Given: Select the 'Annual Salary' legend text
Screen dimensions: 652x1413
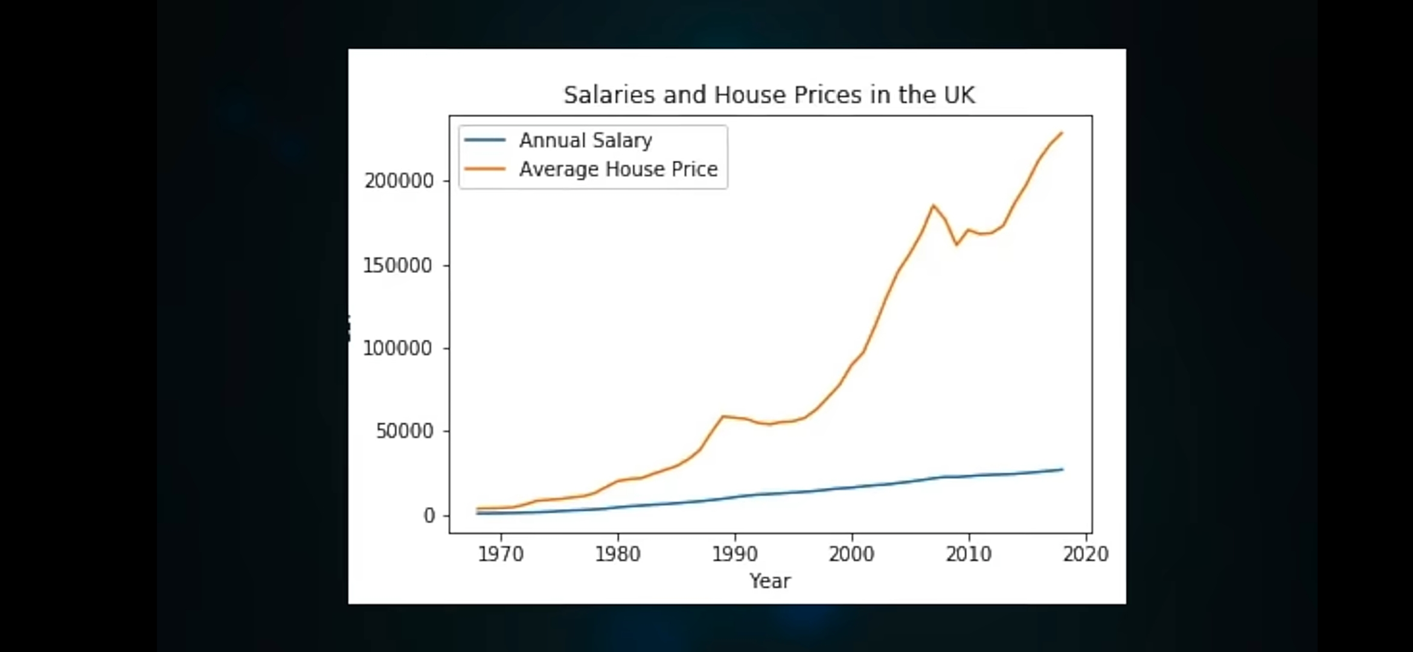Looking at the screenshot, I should coord(585,140).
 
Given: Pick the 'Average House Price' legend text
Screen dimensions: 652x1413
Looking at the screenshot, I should coord(618,169).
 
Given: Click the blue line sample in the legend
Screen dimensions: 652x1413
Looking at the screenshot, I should coord(485,140).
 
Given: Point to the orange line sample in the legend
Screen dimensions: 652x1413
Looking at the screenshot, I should coord(485,169).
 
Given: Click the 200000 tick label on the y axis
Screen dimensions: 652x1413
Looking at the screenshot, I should coord(399,181).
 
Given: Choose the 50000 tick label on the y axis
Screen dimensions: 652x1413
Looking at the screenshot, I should coord(405,432).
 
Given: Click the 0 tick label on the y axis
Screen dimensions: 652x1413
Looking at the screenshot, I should coord(429,516).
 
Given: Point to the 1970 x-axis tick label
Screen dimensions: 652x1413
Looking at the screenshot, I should coord(501,554).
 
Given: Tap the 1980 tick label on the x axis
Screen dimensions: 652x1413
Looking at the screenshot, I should coord(618,554).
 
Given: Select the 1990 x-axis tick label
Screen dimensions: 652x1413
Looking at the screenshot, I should coord(735,554).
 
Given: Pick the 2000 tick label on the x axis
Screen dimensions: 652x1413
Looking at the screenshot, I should coord(851,554).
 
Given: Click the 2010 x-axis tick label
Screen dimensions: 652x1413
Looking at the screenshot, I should coord(969,554).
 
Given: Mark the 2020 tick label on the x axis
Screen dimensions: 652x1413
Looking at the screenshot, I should coord(1086,554).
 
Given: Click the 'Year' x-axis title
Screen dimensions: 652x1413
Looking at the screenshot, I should coord(770,581).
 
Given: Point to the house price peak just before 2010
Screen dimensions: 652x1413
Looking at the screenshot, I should coord(933,205).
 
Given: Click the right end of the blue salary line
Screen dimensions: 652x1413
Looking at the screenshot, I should coord(1062,469).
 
